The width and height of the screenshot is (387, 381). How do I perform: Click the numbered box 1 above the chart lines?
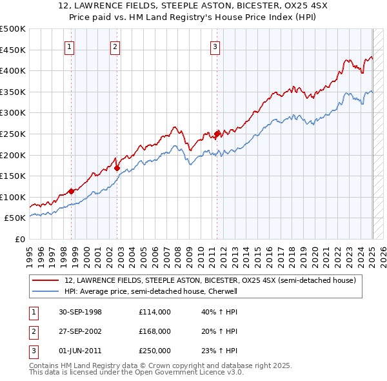68,46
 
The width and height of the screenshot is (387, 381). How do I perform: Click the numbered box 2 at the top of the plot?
114,46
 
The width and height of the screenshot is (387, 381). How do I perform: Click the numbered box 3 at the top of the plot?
214,46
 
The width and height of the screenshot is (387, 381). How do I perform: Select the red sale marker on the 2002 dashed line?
117,168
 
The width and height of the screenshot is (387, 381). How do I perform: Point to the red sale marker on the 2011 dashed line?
217,134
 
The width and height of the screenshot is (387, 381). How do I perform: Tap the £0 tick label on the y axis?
20,239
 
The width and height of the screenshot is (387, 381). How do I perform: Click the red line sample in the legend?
46,281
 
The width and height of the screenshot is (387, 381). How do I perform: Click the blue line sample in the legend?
46,291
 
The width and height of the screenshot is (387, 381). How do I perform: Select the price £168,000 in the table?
155,331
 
